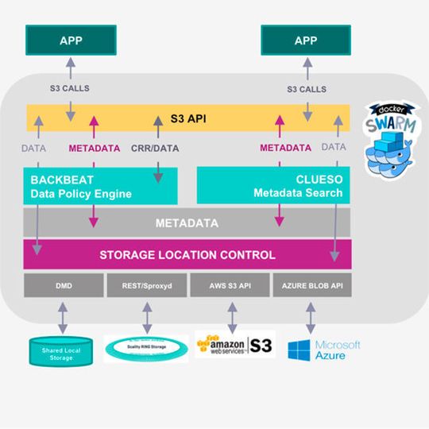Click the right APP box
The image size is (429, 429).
coord(305,41)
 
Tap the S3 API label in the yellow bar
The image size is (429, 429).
coord(189,119)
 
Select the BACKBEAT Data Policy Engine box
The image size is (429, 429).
coord(100,185)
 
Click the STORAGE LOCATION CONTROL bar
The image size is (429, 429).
coord(187,255)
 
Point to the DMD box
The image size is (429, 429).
coord(63,285)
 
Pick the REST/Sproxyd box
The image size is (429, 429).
coord(146,285)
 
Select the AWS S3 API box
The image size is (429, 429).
coord(229,285)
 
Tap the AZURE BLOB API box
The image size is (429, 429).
coord(311,285)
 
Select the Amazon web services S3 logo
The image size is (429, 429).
coord(235,345)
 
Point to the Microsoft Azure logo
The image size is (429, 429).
coord(323,350)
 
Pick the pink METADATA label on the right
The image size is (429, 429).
coord(285,148)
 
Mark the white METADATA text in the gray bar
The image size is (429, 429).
coord(187,223)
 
